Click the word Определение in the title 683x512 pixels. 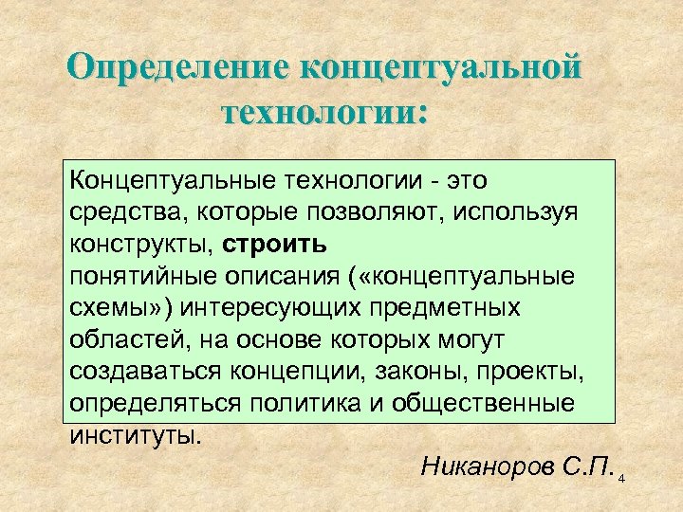coord(177,70)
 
